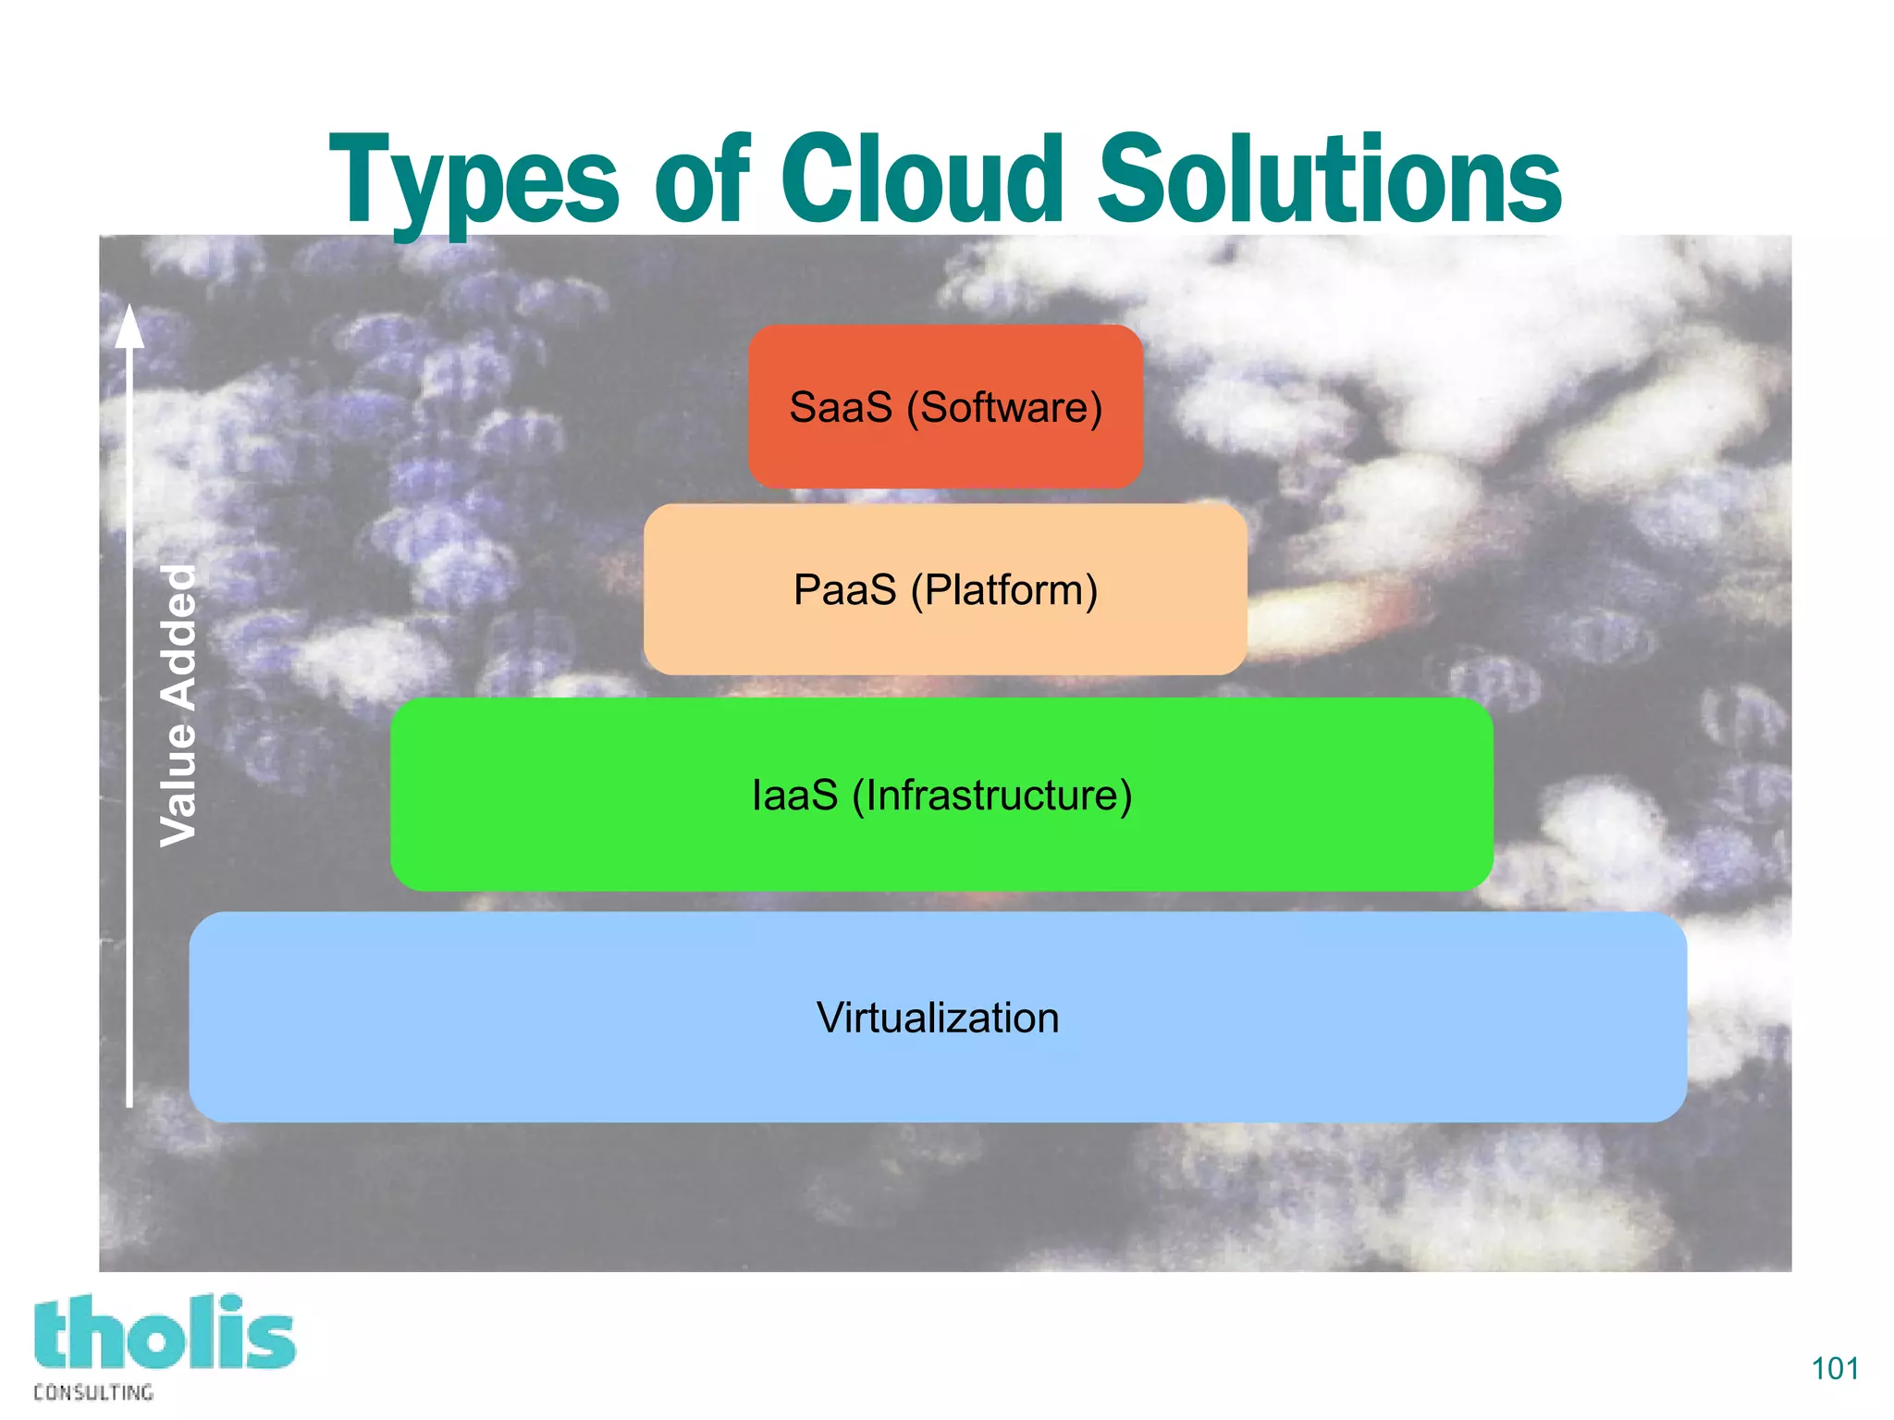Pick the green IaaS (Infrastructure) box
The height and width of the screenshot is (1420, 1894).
tap(941, 851)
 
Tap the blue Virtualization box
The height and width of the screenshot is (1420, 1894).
tap(938, 1073)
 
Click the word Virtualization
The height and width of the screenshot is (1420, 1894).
tap(938, 1018)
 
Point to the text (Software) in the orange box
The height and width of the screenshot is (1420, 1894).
tap(1004, 408)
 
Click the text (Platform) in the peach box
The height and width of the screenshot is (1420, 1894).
tap(1004, 590)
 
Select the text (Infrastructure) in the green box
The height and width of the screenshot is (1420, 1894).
tap(991, 796)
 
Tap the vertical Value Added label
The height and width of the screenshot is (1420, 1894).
tap(178, 705)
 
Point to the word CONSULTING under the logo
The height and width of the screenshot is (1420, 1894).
tap(93, 1392)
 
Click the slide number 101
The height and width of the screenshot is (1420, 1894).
tap(1834, 1368)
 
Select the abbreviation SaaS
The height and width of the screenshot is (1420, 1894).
tap(840, 408)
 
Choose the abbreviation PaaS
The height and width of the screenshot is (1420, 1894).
tap(844, 590)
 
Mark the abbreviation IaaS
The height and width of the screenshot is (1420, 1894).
tap(794, 796)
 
